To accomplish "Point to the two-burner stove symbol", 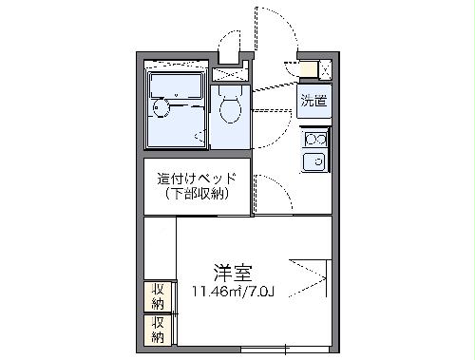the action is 315,141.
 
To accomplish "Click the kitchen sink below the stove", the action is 315,161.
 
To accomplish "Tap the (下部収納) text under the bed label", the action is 197,194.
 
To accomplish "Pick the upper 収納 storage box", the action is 157,296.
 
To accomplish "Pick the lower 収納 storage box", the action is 157,329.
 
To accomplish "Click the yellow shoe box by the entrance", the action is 310,69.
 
